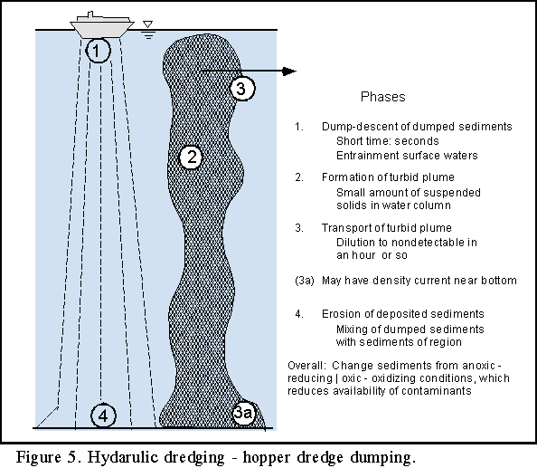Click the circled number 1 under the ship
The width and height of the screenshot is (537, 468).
pyautogui.click(x=98, y=51)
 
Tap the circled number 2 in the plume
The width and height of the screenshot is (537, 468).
pyautogui.click(x=192, y=157)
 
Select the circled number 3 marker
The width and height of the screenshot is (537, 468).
pyautogui.click(x=242, y=89)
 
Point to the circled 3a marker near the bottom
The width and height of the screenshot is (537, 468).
pyautogui.click(x=243, y=413)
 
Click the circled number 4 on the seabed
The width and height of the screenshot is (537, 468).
pyautogui.click(x=103, y=415)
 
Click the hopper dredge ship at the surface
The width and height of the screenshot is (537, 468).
pyautogui.click(x=102, y=25)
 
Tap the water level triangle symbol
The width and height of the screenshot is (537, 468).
pyautogui.click(x=147, y=24)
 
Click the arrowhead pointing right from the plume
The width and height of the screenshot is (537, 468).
pyautogui.click(x=289, y=71)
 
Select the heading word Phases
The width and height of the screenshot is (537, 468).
pyautogui.click(x=383, y=97)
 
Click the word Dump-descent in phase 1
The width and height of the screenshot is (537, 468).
pyautogui.click(x=360, y=127)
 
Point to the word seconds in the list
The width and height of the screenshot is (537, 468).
pyautogui.click(x=417, y=141)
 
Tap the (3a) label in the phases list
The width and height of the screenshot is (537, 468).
pyautogui.click(x=305, y=281)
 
